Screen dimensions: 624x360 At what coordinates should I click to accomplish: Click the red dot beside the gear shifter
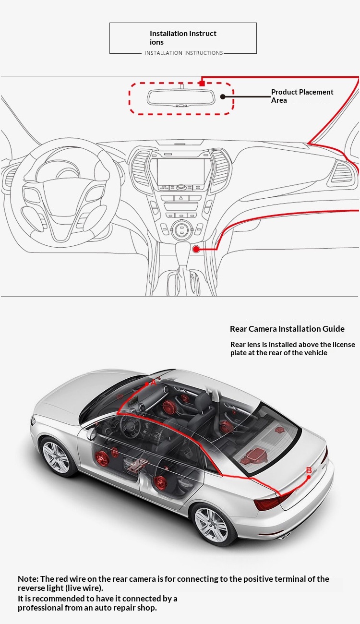196,249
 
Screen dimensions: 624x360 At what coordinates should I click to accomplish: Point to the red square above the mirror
202,83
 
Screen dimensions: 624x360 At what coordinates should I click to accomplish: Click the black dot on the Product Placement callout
223,96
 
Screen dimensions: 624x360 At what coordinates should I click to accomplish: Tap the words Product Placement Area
302,96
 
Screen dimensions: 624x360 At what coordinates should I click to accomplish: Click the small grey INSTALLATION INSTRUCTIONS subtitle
184,53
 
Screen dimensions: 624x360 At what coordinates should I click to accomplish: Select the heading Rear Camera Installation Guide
287,329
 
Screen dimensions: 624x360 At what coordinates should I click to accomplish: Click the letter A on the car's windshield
153,383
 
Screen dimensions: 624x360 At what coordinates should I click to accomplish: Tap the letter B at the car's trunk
309,470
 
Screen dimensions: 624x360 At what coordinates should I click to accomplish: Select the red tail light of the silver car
268,503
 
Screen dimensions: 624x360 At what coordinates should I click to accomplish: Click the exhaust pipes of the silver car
286,535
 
